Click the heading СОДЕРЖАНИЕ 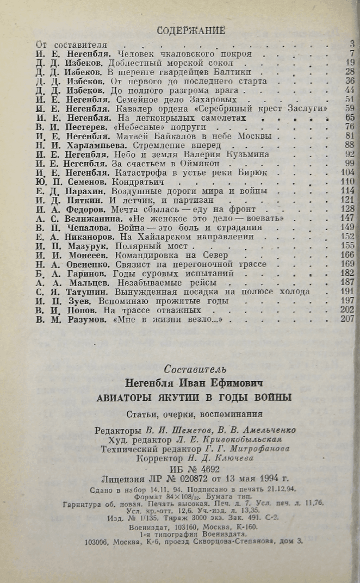coord(190,30)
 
